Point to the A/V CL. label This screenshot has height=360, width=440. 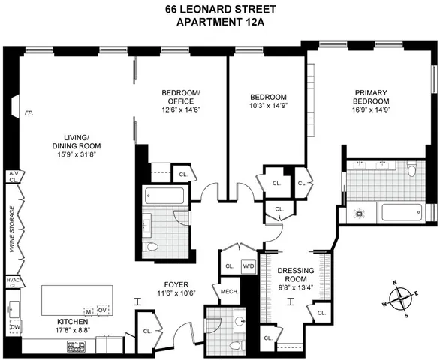(13, 177)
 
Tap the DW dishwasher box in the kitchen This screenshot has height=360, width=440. (14, 327)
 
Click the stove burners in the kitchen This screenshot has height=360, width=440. (77, 346)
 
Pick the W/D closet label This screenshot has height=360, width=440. (249, 265)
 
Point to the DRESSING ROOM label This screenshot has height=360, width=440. (294, 274)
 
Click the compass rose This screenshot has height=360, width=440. (404, 298)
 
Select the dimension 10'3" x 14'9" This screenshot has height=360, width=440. (268, 107)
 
